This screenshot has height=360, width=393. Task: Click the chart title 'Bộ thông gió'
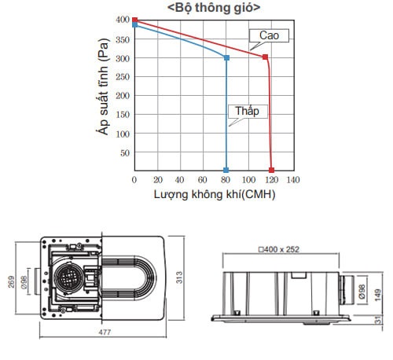pyautogui.click(x=214, y=8)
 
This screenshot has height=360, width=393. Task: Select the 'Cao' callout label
pyautogui.click(x=269, y=35)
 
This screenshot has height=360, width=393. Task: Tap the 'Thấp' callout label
pyautogui.click(x=247, y=111)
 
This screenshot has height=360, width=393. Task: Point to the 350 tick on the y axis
pyautogui.click(x=123, y=40)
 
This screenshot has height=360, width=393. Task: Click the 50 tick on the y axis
pyautogui.click(x=125, y=153)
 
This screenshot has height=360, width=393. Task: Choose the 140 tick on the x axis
pyautogui.click(x=293, y=180)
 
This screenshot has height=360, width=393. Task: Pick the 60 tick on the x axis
pyautogui.click(x=203, y=180)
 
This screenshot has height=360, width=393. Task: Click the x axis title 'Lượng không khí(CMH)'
pyautogui.click(x=215, y=195)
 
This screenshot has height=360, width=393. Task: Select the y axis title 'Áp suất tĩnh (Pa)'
pyautogui.click(x=103, y=86)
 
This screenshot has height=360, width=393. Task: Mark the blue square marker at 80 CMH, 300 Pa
pyautogui.click(x=227, y=57)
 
